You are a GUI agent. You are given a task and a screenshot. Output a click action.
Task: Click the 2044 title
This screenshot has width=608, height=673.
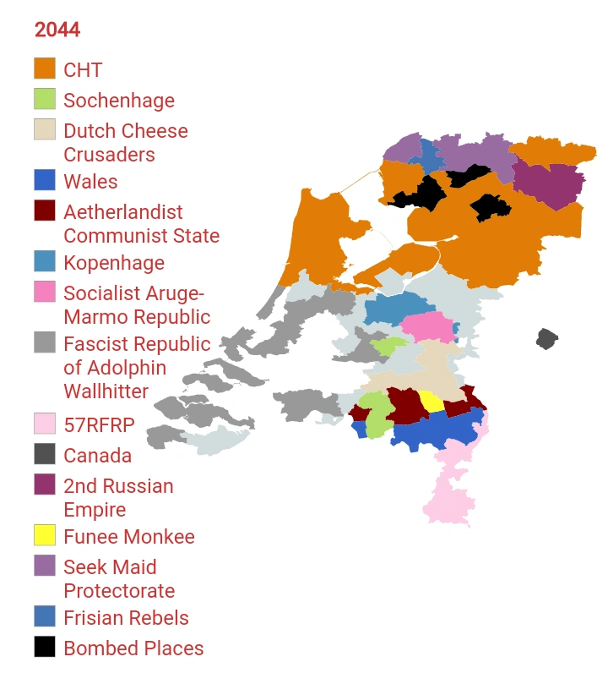(x=57, y=30)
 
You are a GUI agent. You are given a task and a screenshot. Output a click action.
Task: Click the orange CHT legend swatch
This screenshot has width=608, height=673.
(x=45, y=68)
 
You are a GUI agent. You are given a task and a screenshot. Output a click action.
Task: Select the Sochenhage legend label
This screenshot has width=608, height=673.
(x=119, y=101)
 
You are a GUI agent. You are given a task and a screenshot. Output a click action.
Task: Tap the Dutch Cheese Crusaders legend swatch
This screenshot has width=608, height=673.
(x=45, y=130)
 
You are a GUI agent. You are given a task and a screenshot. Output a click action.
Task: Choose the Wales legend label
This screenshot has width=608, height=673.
(x=90, y=182)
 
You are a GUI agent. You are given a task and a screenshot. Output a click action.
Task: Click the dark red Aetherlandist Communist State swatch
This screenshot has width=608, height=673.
(x=45, y=211)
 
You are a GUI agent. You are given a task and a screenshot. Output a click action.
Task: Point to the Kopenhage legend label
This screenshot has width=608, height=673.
(x=114, y=263)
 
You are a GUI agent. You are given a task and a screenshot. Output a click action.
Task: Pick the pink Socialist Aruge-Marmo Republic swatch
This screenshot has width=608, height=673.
(x=45, y=293)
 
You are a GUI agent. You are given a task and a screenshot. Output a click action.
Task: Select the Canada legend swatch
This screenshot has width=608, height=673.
(x=45, y=455)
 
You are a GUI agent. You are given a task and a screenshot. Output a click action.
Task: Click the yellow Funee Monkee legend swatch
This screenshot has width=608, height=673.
(x=45, y=536)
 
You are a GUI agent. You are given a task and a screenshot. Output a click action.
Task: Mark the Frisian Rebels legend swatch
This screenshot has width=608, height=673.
(x=45, y=617)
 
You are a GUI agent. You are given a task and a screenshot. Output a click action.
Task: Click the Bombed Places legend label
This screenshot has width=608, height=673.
(x=133, y=648)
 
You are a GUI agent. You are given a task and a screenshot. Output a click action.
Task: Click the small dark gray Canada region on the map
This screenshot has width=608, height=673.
(x=547, y=339)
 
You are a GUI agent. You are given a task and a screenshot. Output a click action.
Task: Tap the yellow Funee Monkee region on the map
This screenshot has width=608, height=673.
(x=432, y=401)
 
